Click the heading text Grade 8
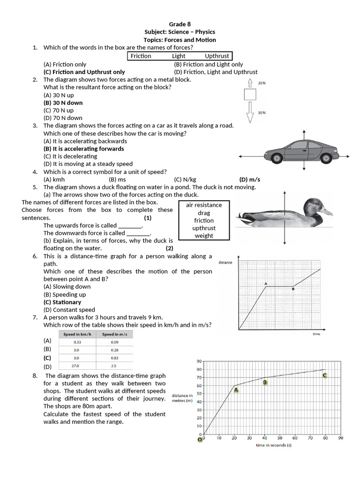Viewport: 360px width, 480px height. (180, 24)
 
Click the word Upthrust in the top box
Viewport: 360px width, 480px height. (217, 56)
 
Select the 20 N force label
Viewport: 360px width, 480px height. (262, 83)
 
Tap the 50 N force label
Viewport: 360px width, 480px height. (262, 113)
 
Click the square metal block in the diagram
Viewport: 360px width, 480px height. (250, 95)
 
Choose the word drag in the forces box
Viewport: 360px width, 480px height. (204, 213)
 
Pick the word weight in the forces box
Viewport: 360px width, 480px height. (204, 236)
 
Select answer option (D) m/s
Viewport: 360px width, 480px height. (249, 180)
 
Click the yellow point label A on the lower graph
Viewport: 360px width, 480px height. (236, 390)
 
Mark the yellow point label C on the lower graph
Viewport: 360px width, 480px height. (324, 375)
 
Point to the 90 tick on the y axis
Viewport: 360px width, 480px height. (199, 361)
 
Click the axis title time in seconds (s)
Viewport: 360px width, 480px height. (273, 445)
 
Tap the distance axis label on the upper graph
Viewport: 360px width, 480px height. (225, 262)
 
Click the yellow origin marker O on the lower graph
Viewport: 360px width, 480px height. (200, 440)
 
